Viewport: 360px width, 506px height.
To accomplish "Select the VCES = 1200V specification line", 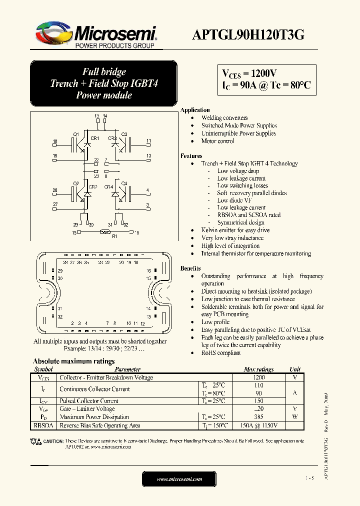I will (x=249, y=73).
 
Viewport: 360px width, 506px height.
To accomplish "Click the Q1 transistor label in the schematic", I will (x=76, y=134).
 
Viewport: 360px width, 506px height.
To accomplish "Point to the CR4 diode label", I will (x=108, y=186).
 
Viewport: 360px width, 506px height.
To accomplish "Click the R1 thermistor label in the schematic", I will (x=114, y=237).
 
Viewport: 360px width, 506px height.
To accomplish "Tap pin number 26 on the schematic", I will (x=55, y=190).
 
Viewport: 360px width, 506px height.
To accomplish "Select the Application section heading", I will (x=195, y=110).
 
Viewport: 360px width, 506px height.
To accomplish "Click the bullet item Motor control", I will (x=217, y=141).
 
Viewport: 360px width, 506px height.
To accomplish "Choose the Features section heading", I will (x=191, y=156).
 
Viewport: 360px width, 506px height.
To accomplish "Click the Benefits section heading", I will (x=190, y=268).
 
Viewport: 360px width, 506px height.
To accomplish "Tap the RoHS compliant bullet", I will (x=221, y=353).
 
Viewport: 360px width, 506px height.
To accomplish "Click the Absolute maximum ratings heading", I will (x=73, y=361).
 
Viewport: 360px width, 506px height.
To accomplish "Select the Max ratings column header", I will (x=258, y=369).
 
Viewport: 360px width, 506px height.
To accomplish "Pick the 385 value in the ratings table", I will (x=258, y=417).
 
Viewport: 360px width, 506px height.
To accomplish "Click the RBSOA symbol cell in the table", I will (x=42, y=425).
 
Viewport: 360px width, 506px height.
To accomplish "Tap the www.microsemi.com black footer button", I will (x=179, y=479).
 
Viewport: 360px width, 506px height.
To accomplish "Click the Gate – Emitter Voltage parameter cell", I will (x=87, y=409).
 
